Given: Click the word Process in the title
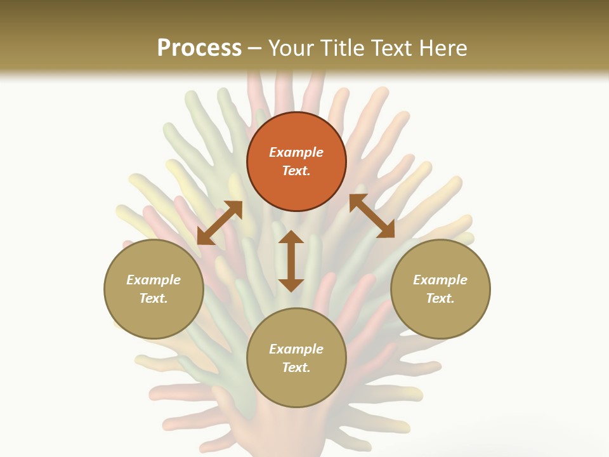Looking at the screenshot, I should (x=199, y=48).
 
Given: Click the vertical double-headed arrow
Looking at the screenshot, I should (x=291, y=261).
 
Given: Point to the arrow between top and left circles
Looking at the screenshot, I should (x=219, y=223).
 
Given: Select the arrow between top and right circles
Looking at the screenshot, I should (x=372, y=216).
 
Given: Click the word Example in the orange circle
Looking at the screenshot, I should (x=296, y=152).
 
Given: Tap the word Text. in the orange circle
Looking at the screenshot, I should (x=296, y=171).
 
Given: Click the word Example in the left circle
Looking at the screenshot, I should (x=154, y=280).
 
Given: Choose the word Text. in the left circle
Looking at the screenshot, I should (x=154, y=298).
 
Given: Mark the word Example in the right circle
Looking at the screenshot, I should (x=440, y=280).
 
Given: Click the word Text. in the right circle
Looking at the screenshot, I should (x=440, y=298).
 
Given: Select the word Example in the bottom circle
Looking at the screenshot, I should (x=296, y=349).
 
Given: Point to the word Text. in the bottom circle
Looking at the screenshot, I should (x=296, y=368).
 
